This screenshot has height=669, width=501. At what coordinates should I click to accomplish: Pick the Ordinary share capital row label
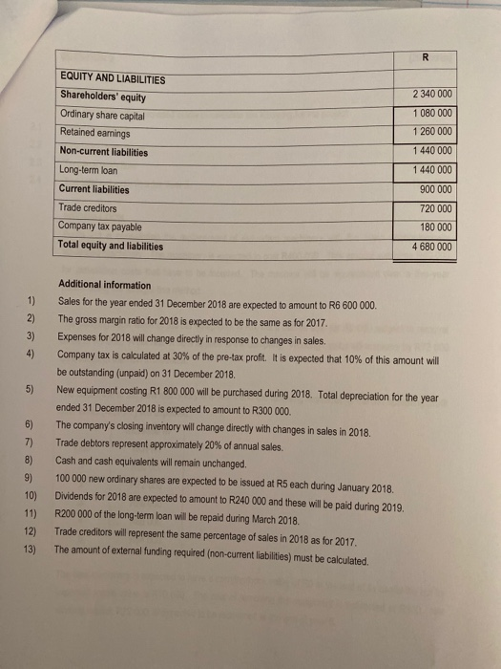tap(104, 114)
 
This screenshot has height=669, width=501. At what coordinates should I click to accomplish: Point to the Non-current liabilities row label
tap(104, 151)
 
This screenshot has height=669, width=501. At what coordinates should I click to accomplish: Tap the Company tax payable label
tap(100, 226)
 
